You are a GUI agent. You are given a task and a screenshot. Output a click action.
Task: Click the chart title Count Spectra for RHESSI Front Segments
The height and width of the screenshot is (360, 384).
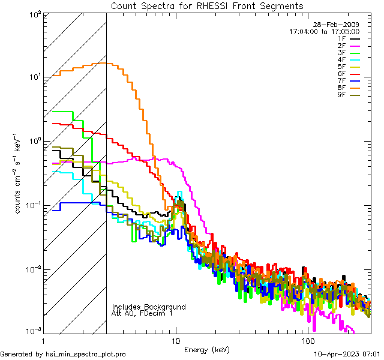click(207, 6)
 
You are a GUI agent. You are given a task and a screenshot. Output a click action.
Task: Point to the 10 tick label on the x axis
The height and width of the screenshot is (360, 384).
click(175, 340)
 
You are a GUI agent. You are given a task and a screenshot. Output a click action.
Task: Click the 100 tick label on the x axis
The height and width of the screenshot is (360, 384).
click(308, 340)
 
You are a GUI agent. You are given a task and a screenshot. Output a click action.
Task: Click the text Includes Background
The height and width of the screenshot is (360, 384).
click(149, 307)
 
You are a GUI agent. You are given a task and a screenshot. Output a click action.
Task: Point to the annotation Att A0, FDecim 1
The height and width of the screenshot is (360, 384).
click(142, 313)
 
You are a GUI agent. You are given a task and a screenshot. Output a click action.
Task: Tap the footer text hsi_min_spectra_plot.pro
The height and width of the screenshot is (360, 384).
click(86, 354)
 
